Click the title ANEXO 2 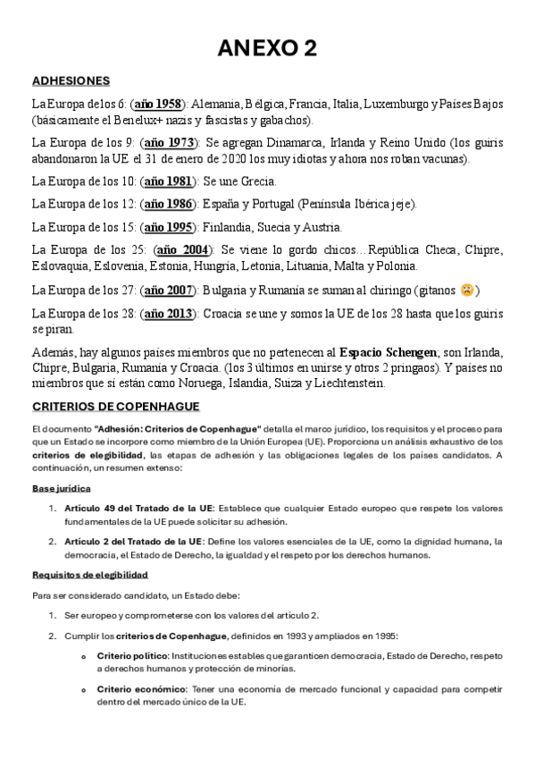[x=267, y=48]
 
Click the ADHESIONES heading [x=71, y=80]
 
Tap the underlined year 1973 [x=169, y=142]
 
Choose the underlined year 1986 [x=169, y=204]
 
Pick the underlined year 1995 [x=169, y=227]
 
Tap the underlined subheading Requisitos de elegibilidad [x=89, y=574]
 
